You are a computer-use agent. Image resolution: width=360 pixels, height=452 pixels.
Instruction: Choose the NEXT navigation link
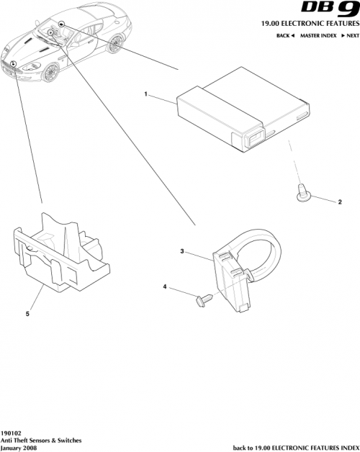coord(350,35)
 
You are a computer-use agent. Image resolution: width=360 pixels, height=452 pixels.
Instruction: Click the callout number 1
coord(146,95)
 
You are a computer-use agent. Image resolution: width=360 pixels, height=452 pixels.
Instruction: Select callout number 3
coord(182,251)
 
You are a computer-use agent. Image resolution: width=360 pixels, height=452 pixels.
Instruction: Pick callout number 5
coord(28,314)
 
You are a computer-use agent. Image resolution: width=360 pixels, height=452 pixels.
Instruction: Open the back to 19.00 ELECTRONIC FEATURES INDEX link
coord(291,447)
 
